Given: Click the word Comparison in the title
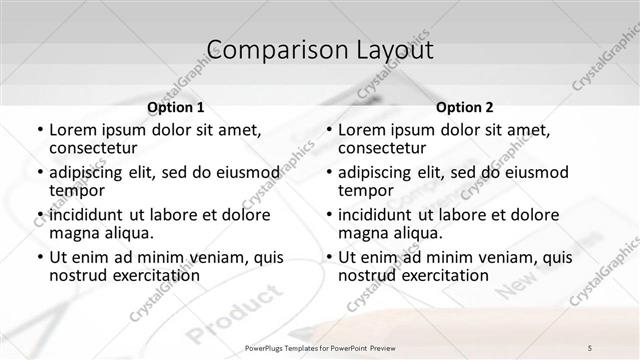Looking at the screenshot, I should coord(264,49).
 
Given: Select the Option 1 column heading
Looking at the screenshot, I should coord(176,106).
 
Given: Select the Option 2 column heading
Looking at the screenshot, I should coord(464,106).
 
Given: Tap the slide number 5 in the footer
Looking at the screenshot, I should coord(590,347).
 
